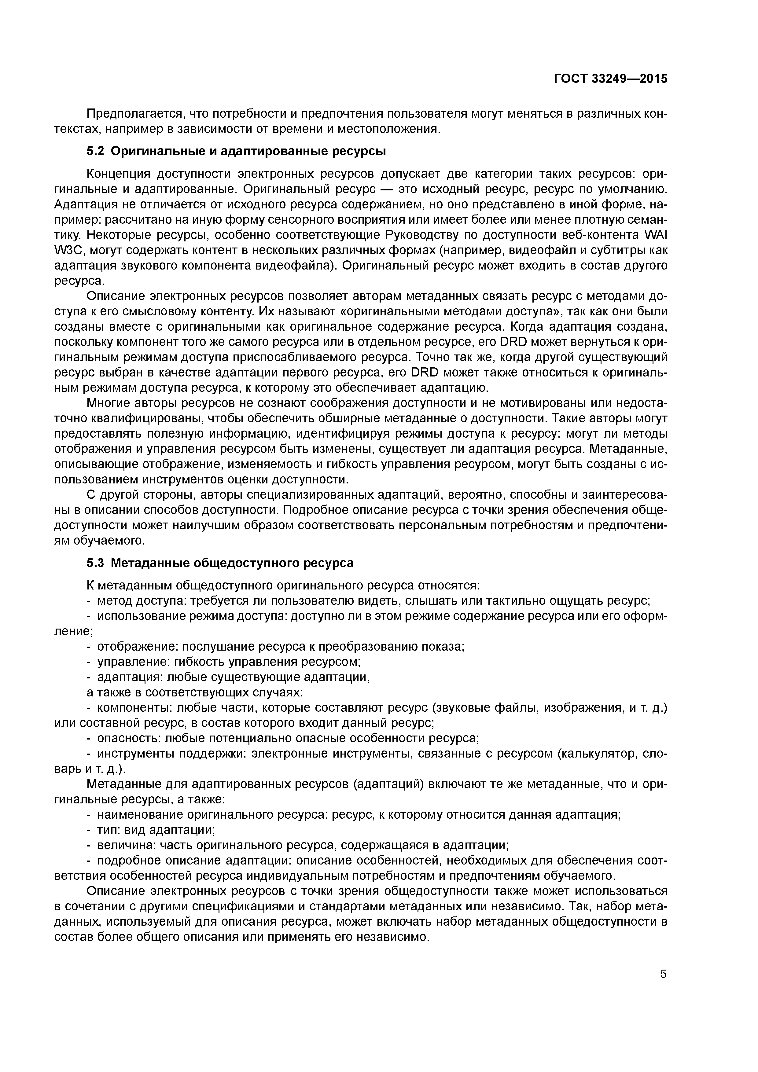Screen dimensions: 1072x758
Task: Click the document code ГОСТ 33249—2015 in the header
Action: point(610,79)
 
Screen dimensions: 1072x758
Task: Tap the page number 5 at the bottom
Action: point(663,986)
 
